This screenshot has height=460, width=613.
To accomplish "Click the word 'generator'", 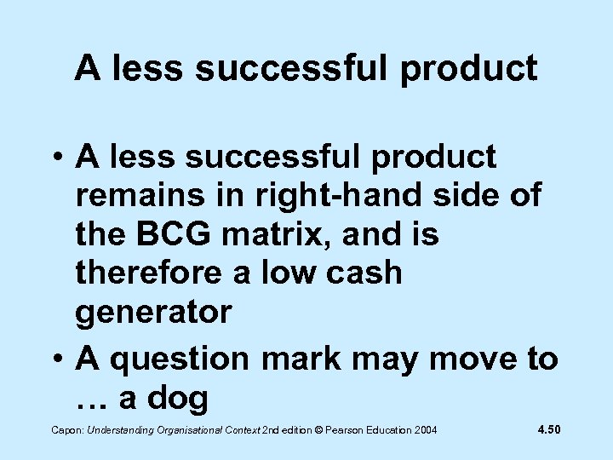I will click(153, 313).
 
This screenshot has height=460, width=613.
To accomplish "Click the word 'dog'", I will click(178, 399).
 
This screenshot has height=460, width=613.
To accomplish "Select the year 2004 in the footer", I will click(424, 432).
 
